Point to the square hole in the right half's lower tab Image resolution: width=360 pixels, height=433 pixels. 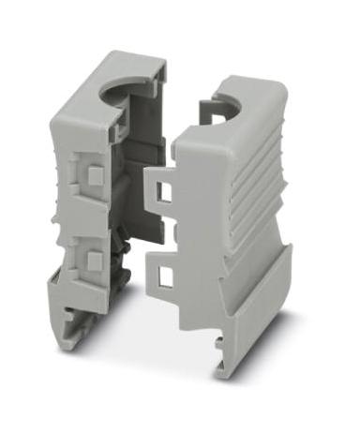point(168,274)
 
